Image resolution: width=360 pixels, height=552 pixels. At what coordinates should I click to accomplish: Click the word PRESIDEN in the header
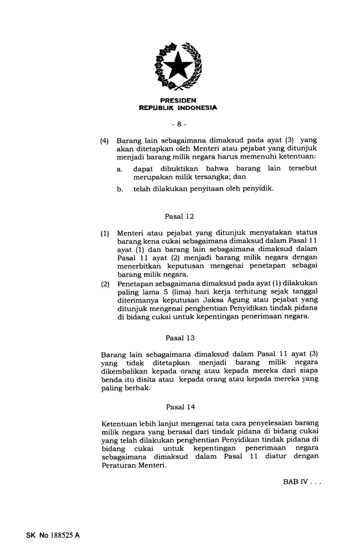178,100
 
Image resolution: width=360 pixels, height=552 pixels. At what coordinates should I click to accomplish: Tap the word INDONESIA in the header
197,108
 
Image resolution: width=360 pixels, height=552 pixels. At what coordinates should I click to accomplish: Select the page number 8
179,124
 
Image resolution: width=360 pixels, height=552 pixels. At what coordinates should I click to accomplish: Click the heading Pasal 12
179,216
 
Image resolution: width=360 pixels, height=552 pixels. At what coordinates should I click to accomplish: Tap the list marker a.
120,168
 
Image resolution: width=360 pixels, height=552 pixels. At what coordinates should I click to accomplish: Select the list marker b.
120,189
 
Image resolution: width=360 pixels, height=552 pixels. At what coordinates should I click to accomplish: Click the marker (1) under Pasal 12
105,233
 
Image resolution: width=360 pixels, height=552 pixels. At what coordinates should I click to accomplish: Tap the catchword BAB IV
295,482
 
